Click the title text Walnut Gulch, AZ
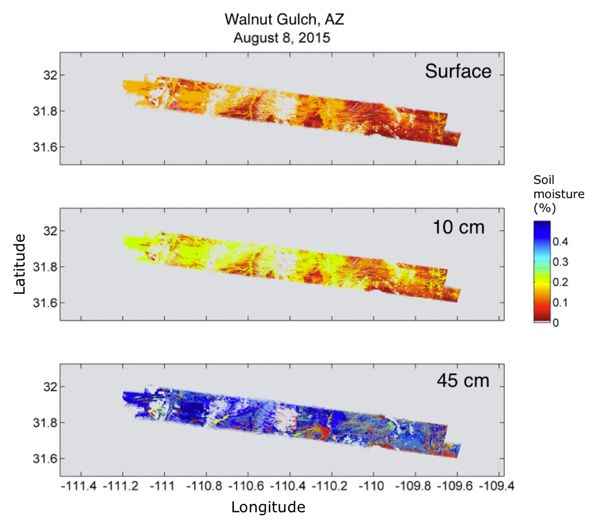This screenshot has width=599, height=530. click(284, 19)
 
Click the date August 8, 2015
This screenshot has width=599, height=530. click(281, 38)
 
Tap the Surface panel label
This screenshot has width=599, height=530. click(458, 71)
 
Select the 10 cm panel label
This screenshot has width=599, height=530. click(458, 227)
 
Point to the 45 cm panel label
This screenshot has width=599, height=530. click(463, 381)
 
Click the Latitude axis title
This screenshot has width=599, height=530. click(19, 264)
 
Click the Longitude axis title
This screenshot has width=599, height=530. click(268, 507)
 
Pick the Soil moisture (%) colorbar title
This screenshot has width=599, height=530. click(558, 194)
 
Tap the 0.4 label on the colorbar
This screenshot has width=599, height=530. click(560, 242)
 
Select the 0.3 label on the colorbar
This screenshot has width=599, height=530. click(560, 262)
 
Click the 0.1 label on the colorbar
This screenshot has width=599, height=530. click(560, 302)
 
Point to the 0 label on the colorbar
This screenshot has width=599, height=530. click(556, 323)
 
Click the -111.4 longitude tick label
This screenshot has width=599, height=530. click(79, 486)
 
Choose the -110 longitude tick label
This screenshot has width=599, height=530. click(371, 486)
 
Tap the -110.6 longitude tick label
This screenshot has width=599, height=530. click(246, 486)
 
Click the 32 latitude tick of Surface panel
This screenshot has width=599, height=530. click(50, 75)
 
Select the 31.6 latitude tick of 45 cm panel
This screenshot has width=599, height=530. click(45, 459)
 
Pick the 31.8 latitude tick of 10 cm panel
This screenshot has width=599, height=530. click(45, 267)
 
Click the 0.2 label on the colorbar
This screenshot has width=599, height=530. click(560, 282)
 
